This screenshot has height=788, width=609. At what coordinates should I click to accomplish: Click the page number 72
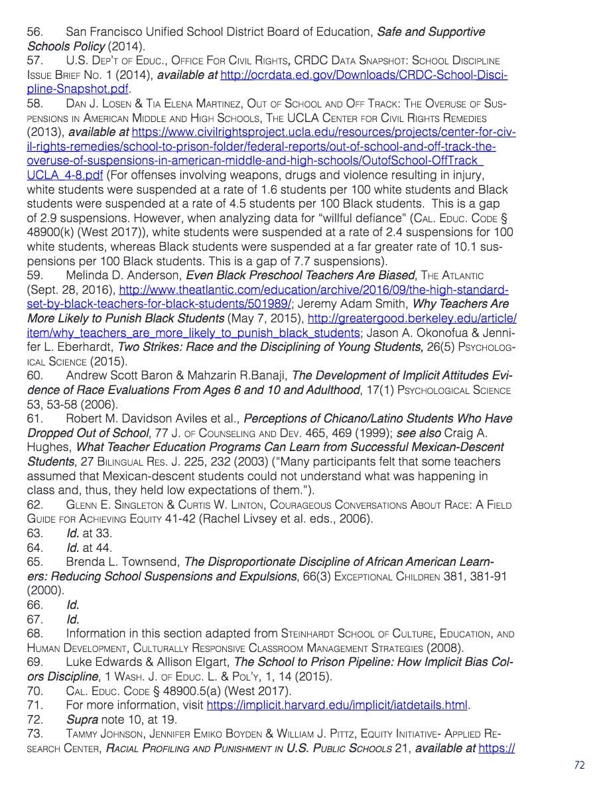click(579, 765)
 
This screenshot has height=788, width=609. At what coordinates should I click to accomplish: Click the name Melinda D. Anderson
click(124, 275)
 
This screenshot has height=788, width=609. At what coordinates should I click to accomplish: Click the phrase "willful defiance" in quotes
click(334, 218)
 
